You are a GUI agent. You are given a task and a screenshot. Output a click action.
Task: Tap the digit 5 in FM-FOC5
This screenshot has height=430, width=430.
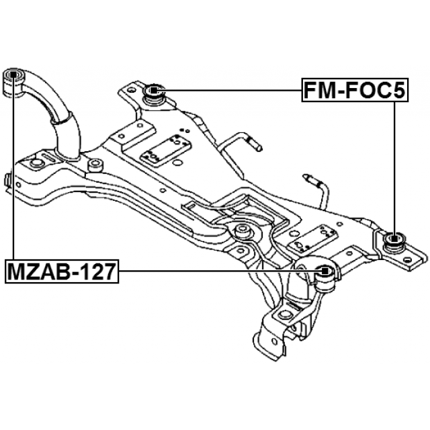(x=398, y=90)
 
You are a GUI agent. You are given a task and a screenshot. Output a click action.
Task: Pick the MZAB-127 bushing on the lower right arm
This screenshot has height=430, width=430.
(x=326, y=272)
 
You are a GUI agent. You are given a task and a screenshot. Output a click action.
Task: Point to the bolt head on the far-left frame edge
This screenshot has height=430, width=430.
(x=6, y=179)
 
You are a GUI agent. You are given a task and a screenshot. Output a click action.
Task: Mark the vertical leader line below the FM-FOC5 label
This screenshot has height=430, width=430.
(x=393, y=161)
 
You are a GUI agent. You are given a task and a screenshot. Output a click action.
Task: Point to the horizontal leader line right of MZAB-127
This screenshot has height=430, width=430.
(x=215, y=272)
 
